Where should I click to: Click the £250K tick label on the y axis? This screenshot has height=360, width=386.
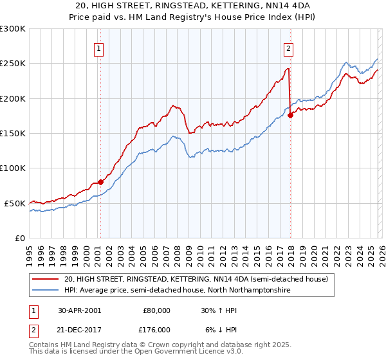[13, 64]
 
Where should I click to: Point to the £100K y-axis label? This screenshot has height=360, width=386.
[13, 168]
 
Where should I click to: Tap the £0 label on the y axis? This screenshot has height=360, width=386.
[19, 238]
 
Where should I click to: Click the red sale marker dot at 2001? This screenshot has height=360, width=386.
[100, 182]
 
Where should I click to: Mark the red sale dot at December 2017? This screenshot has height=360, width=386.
[290, 115]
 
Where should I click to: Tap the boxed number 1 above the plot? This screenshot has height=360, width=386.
[100, 48]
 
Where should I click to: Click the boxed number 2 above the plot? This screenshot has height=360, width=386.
[289, 48]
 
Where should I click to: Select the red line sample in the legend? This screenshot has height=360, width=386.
[45, 279]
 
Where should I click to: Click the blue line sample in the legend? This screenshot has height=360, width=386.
[45, 291]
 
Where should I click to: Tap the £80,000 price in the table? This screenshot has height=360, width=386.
[156, 310]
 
